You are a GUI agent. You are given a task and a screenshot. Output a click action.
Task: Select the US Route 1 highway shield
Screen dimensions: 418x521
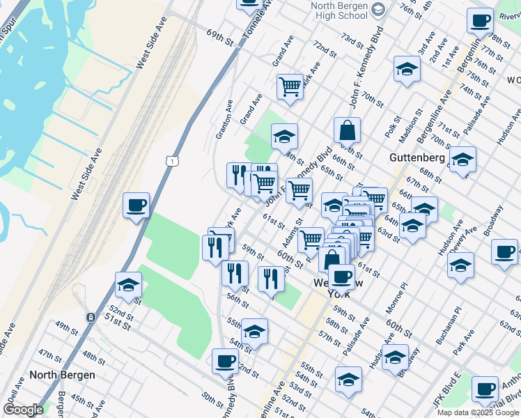tap(171, 162)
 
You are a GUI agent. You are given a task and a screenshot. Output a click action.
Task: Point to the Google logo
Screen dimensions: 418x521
tap(23, 410)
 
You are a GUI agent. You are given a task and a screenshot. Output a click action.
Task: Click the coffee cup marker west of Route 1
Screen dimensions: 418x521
tap(136, 206)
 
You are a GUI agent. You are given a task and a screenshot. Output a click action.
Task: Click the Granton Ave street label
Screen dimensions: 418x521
tap(224, 118)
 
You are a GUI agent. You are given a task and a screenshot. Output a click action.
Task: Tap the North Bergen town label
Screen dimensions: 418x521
tap(62, 374)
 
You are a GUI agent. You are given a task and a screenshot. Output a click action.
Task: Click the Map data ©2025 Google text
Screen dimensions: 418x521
tap(478, 412)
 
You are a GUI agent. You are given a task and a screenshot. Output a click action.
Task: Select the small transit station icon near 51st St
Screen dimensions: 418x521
tap(91, 317)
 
